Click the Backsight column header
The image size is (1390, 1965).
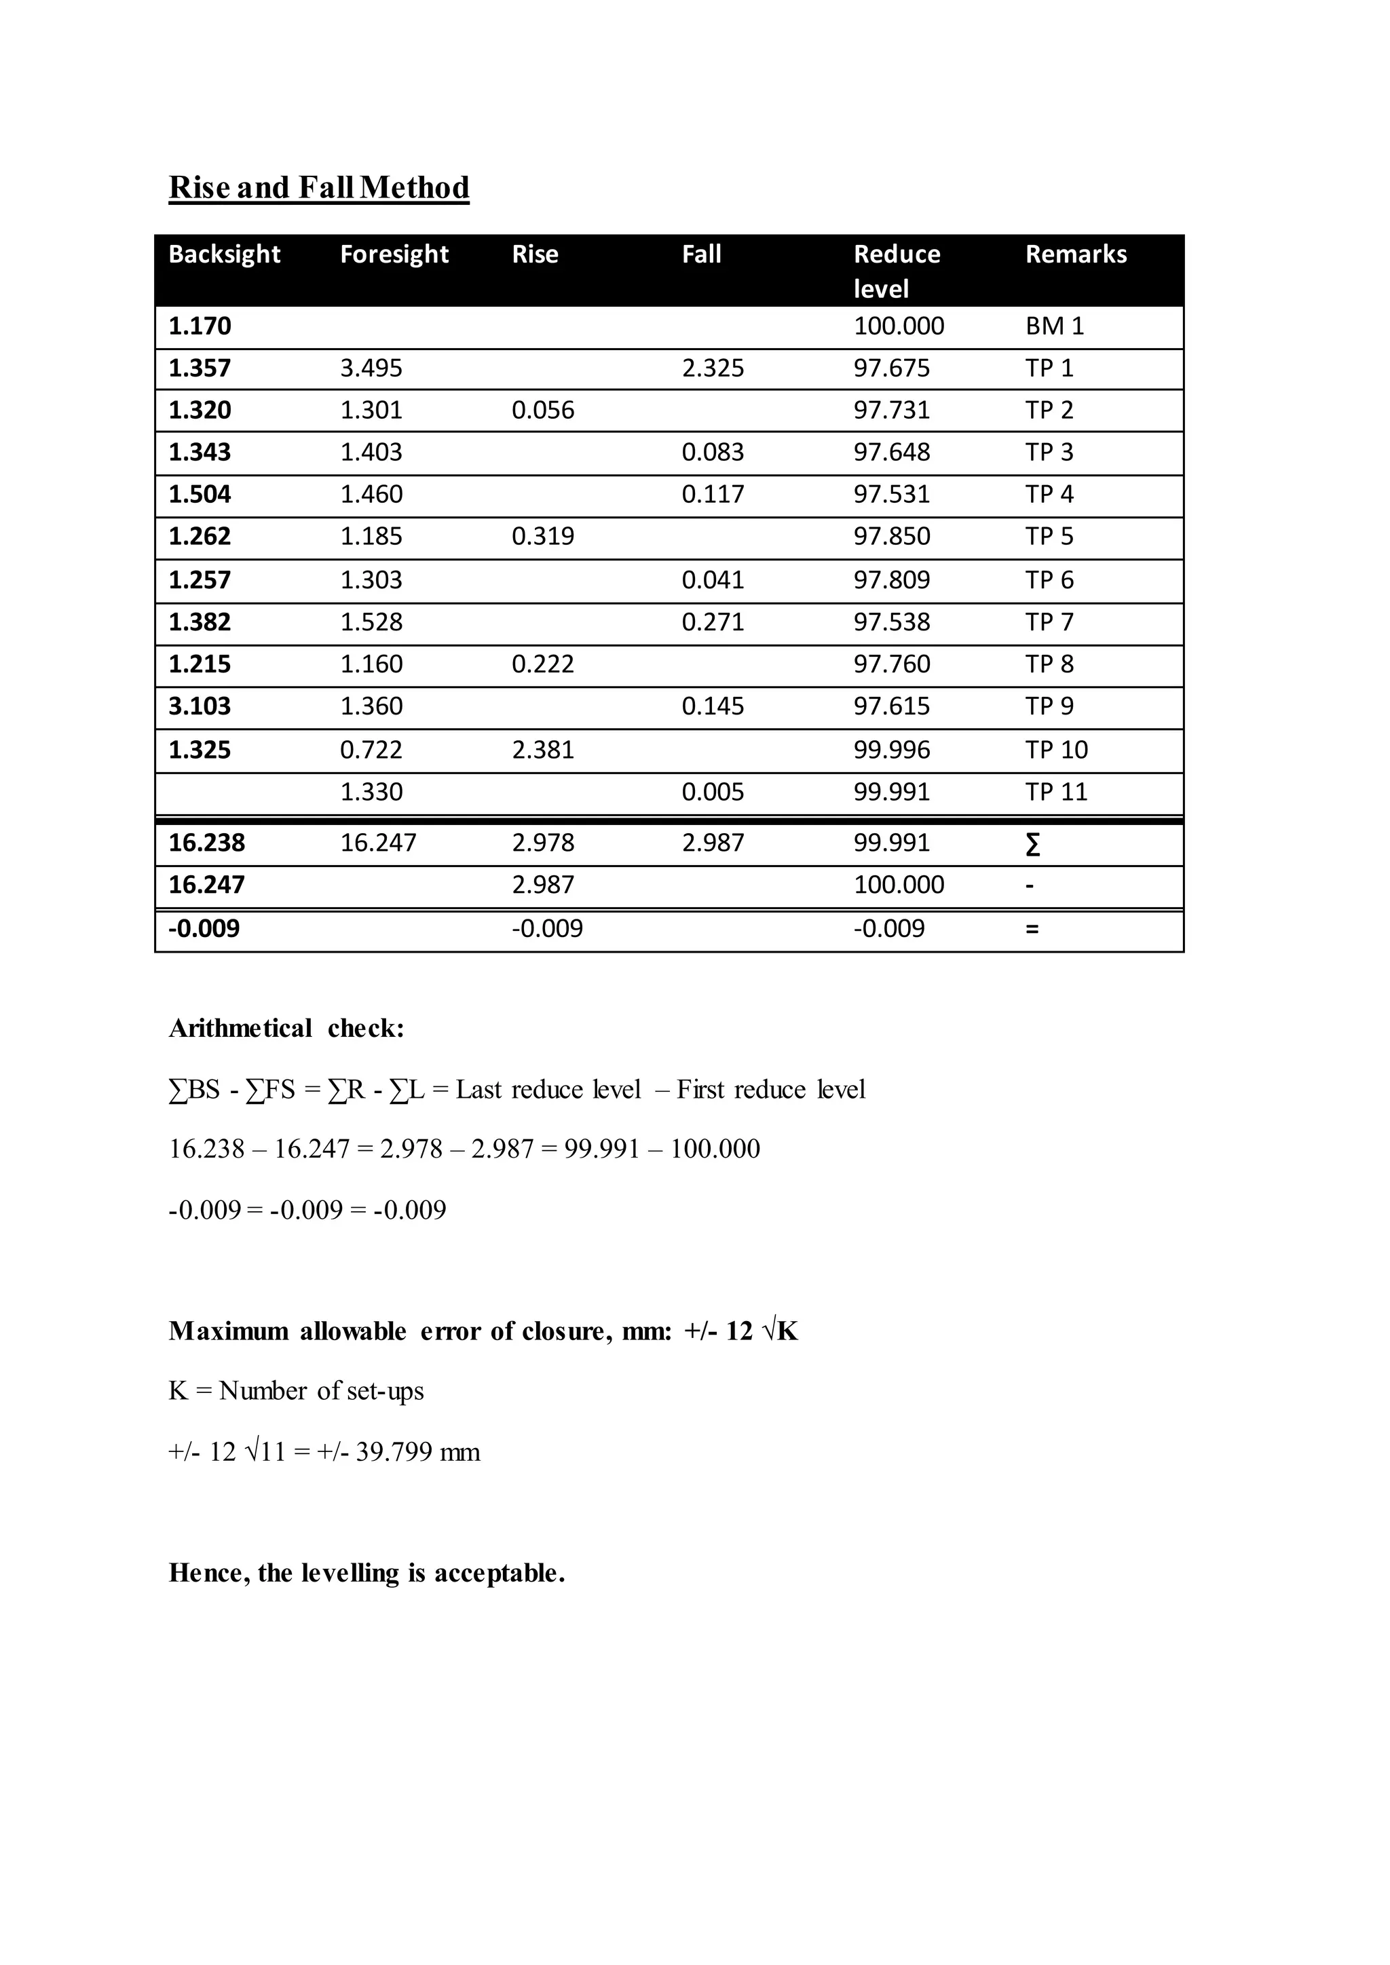(224, 254)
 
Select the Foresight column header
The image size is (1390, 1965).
(394, 254)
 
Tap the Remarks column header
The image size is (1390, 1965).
(1075, 254)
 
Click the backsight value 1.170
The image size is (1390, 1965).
(200, 326)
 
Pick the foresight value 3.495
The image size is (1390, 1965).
(371, 368)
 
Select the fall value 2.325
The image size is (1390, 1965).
(712, 368)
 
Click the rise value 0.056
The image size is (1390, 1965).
(543, 410)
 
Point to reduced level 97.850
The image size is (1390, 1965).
(891, 537)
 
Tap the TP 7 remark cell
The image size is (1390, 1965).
(1049, 622)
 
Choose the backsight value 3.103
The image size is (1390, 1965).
(200, 706)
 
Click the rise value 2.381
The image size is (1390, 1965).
(543, 750)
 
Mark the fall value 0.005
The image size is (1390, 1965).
(712, 792)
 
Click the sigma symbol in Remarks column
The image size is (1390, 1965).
(1032, 845)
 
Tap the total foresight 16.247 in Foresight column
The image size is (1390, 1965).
(377, 843)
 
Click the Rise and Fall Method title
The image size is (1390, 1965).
(318, 187)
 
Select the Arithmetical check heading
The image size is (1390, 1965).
(286, 1028)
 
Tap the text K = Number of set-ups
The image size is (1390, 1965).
(296, 1391)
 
